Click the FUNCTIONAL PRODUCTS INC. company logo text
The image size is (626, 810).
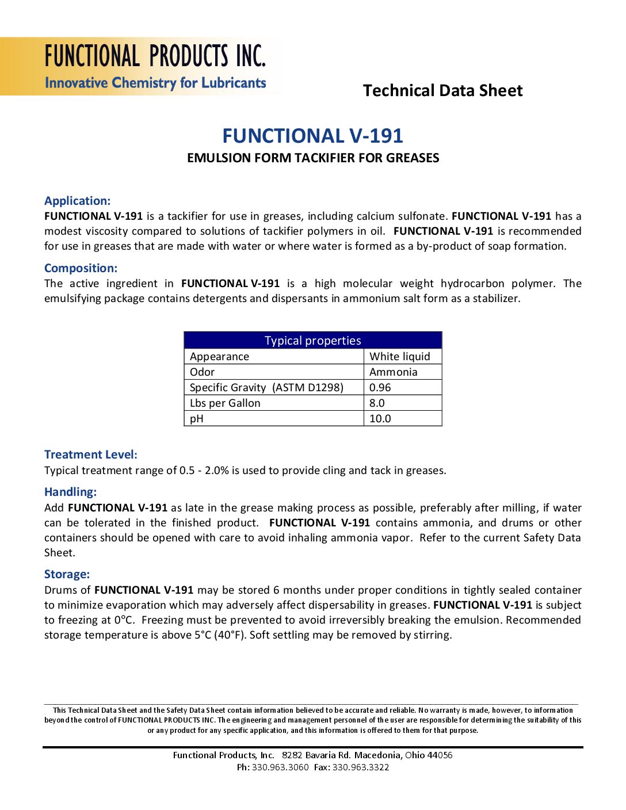155,56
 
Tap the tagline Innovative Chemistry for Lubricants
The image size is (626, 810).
155,83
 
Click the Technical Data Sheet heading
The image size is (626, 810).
442,90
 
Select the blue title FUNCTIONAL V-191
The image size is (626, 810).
312,136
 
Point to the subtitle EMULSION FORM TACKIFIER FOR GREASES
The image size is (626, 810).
312,158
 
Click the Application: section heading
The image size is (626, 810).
77,201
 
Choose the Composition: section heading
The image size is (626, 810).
81,268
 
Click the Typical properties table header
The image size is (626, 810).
312,341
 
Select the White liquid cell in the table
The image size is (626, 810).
399,357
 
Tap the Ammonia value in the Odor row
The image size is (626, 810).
393,372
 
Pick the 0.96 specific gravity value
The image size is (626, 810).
380,388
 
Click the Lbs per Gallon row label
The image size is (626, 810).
225,403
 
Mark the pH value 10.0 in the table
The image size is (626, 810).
380,419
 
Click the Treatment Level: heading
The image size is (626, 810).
91,454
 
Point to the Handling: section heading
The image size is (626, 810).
70,492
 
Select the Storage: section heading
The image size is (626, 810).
67,574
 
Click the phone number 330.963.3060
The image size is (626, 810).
280,767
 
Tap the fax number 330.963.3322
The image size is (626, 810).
361,767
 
